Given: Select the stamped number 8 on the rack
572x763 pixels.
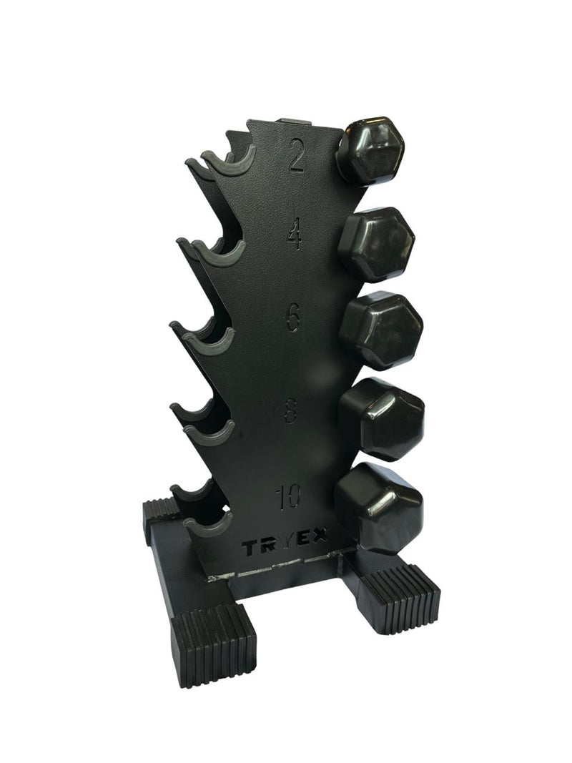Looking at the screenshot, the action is [291, 406].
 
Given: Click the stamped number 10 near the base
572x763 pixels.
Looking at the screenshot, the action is [288, 496].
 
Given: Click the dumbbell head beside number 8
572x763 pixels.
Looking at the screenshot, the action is [382, 419].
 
